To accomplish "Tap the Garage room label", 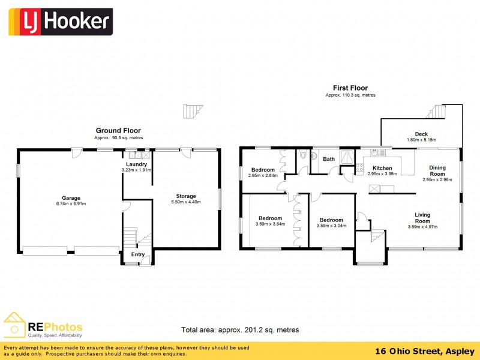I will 71,198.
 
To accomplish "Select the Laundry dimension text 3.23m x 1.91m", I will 136,170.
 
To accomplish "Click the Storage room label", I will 185,196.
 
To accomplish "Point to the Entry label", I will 138,254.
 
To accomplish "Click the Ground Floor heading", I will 118,130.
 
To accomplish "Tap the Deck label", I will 421,134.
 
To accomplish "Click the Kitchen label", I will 382,168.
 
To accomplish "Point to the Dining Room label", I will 437,170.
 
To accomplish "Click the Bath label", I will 329,159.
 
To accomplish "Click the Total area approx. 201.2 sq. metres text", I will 240,330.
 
